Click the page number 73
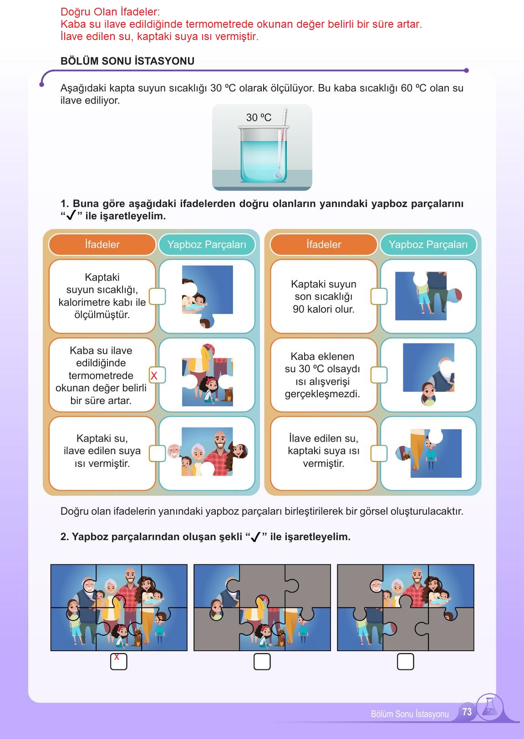click(467, 712)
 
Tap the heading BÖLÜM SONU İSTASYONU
click(127, 61)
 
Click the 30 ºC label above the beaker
click(259, 117)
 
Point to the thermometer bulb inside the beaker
click(279, 175)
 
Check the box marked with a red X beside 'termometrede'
click(157, 375)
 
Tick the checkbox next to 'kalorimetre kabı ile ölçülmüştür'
click(157, 296)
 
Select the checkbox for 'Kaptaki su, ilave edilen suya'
click(157, 453)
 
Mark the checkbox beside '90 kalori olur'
click(379, 296)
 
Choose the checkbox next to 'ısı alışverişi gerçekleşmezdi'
click(379, 375)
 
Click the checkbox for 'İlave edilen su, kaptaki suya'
click(379, 453)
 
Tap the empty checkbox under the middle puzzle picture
click(262, 662)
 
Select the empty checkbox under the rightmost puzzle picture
click(405, 662)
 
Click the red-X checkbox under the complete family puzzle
click(118, 662)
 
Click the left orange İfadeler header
click(102, 244)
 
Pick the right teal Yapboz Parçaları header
click(428, 244)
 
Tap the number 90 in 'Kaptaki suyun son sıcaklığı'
click(298, 309)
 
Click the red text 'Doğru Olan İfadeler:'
click(110, 12)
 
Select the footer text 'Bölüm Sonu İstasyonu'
click(410, 714)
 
